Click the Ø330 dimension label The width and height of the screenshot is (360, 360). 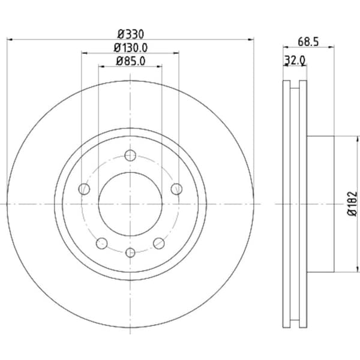[x=130, y=34]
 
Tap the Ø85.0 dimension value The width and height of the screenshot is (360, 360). [x=130, y=61]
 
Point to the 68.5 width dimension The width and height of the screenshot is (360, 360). [x=308, y=41]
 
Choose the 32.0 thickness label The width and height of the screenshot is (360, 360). [x=295, y=59]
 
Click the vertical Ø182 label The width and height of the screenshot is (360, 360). [x=352, y=203]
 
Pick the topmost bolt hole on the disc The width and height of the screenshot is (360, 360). [x=130, y=156]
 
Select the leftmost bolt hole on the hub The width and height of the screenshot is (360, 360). [x=84, y=190]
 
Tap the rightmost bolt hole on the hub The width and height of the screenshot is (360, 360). [x=176, y=190]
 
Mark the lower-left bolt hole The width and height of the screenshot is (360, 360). [x=102, y=243]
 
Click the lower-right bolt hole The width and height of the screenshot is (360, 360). [x=159, y=243]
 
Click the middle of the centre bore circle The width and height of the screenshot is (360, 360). [x=130, y=204]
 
